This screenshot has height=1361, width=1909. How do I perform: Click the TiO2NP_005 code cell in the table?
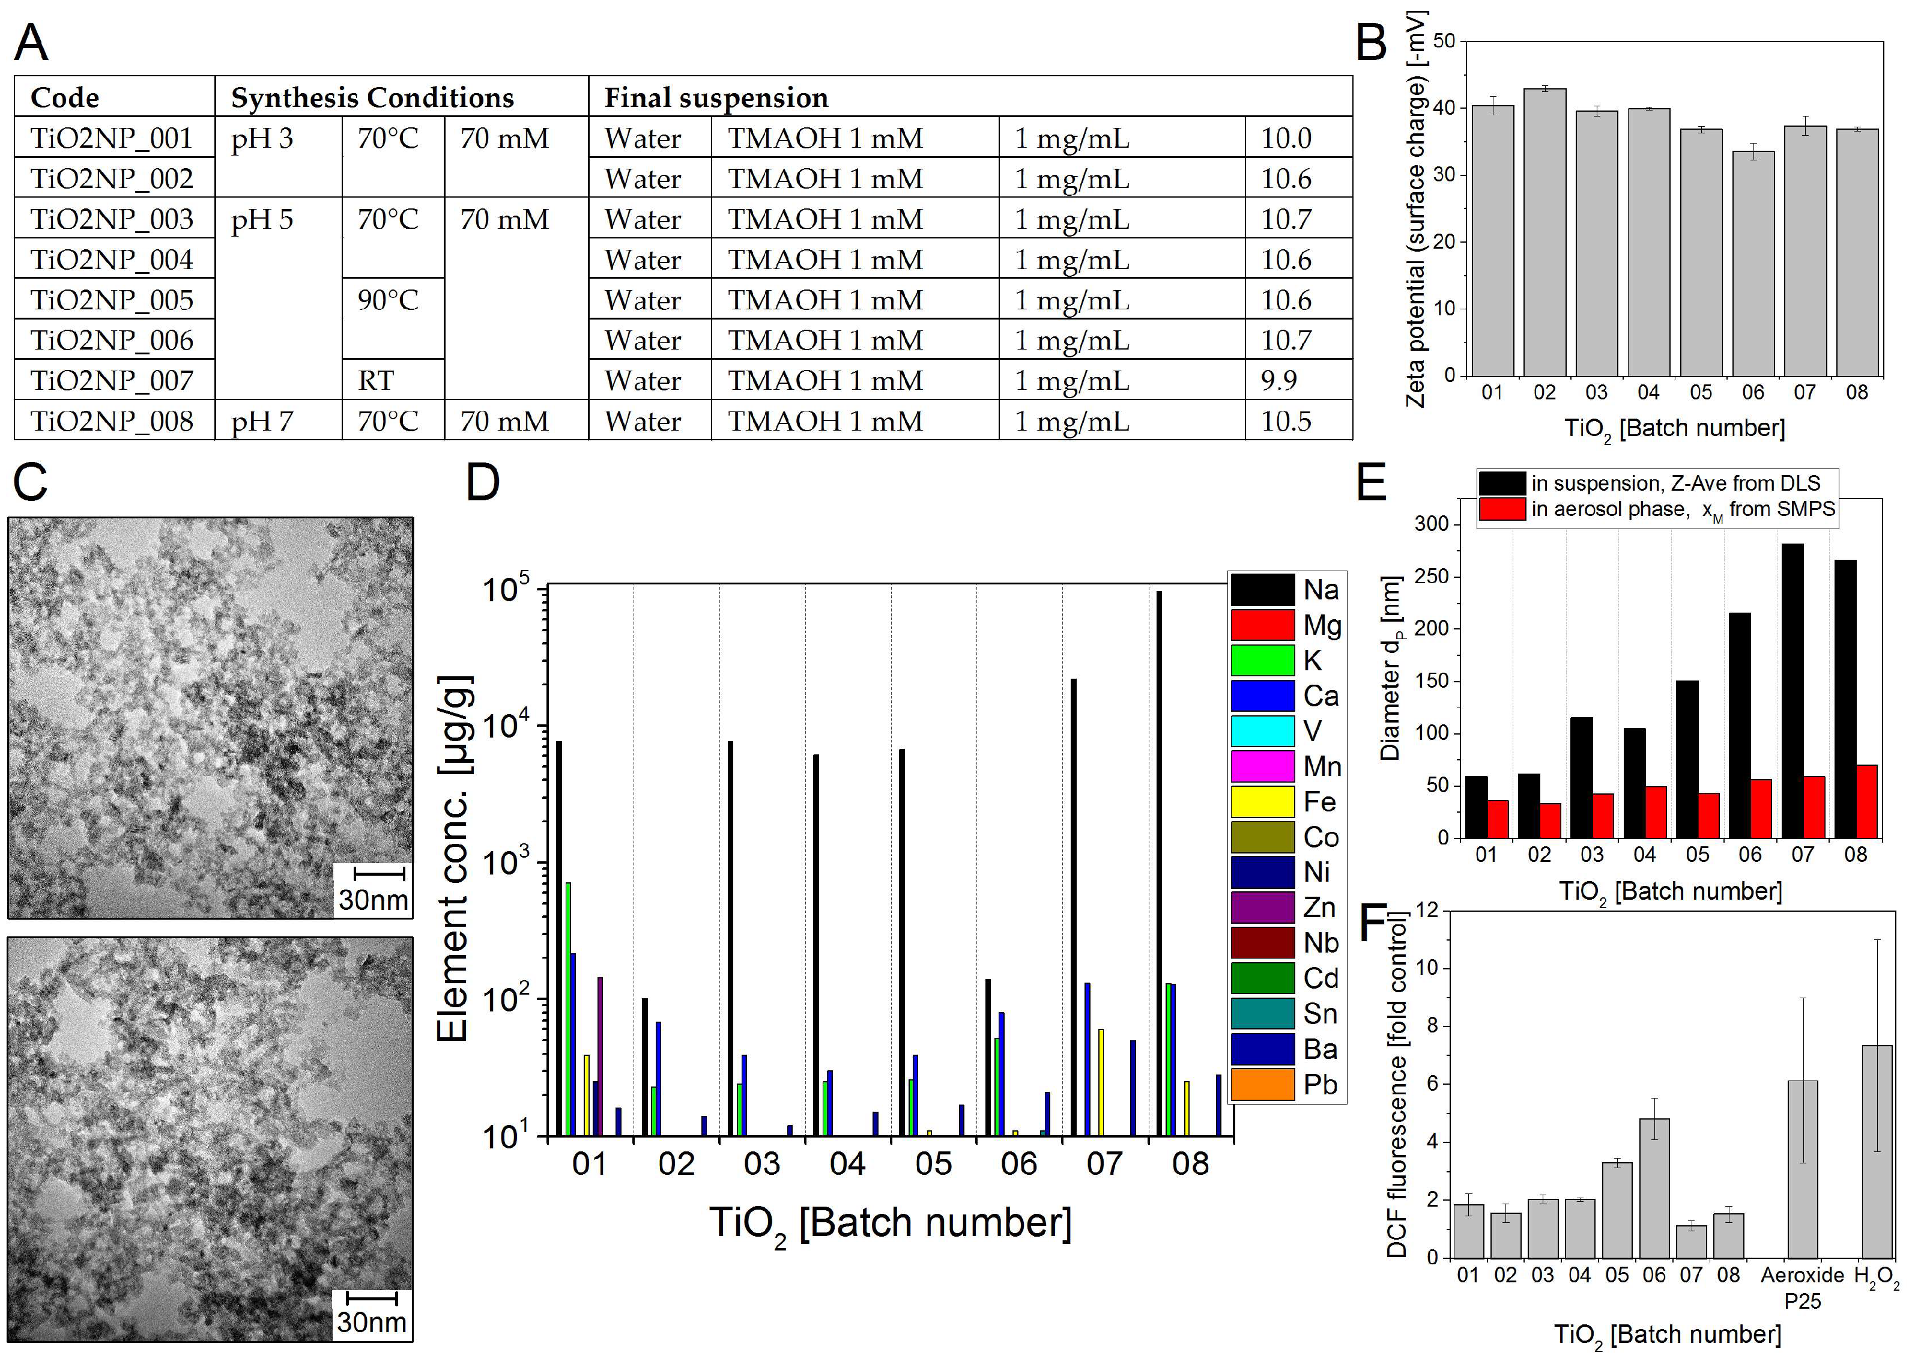(x=112, y=300)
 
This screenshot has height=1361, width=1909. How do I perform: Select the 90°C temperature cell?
(x=388, y=300)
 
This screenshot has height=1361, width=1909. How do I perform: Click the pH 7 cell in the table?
(x=262, y=420)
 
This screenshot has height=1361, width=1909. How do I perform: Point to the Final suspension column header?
(x=716, y=97)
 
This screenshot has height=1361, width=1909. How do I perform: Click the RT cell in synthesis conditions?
(x=376, y=380)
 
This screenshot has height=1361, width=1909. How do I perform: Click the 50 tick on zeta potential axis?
(x=1443, y=41)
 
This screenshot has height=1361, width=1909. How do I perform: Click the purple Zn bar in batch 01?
(x=600, y=1056)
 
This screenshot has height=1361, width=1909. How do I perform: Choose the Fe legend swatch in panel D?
(x=1262, y=802)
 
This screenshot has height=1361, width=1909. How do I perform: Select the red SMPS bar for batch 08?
(x=1866, y=801)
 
